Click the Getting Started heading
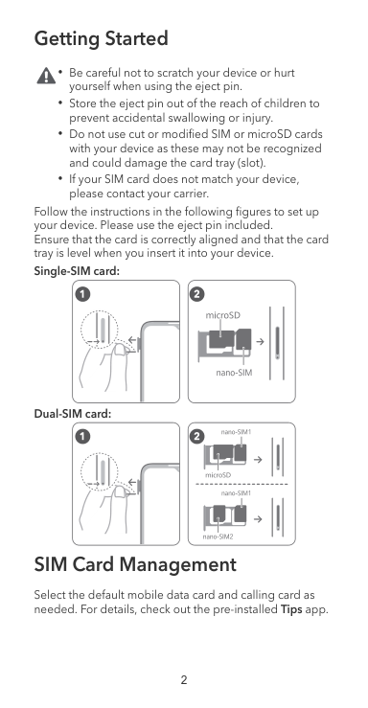tap(102, 39)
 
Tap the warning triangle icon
tap(46, 76)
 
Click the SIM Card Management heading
tap(135, 564)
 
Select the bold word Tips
tap(291, 609)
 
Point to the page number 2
tap(184, 680)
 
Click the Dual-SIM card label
tap(73, 414)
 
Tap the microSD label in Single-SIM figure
tap(222, 315)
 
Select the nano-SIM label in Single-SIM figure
tap(234, 373)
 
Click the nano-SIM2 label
tap(218, 537)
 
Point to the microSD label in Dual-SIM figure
tap(218, 475)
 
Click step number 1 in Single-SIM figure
tap(83, 294)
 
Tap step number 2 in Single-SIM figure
tap(197, 294)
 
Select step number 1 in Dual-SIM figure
tap(83, 436)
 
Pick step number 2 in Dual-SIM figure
tap(197, 436)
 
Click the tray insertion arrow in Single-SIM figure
tap(260, 341)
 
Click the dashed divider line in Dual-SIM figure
tap(241, 484)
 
